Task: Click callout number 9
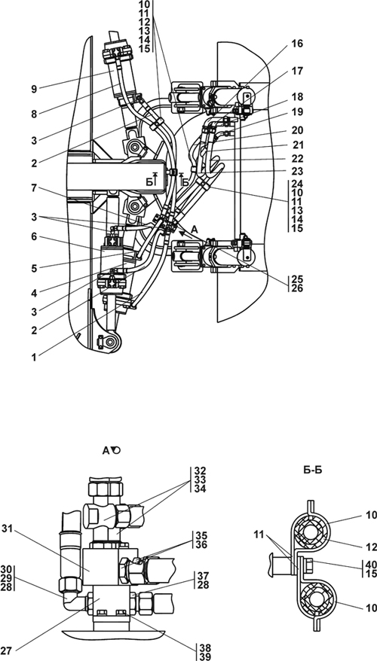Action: (33, 89)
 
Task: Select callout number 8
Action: (33, 114)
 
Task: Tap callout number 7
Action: (33, 187)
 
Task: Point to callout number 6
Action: (33, 237)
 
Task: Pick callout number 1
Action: (33, 358)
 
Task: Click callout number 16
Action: (297, 44)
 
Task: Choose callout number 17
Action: (297, 72)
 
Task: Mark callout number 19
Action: (297, 113)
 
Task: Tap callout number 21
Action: (297, 145)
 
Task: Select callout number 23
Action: (297, 172)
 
